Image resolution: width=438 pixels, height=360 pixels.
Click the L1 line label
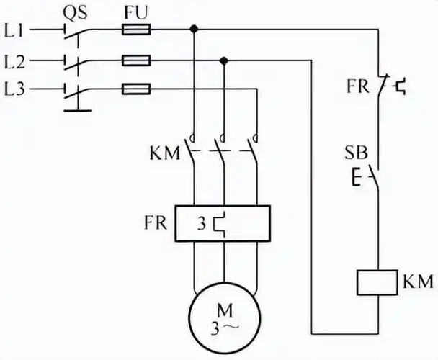click(x=16, y=30)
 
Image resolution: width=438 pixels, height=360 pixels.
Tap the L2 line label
click(x=16, y=60)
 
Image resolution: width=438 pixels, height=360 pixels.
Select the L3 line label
click(x=16, y=89)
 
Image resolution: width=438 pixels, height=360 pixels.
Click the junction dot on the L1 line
click(x=194, y=30)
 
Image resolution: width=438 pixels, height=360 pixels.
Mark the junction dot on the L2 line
click(x=224, y=60)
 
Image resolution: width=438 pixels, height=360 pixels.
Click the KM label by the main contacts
click(x=164, y=153)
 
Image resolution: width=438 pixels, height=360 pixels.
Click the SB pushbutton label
click(x=358, y=153)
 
